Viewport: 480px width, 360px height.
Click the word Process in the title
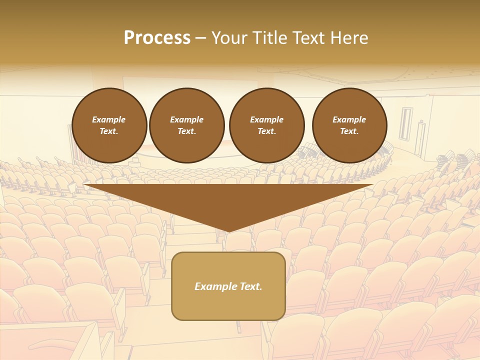[157, 38]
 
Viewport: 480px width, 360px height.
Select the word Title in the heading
[269, 38]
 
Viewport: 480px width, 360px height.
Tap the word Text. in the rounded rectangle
[251, 286]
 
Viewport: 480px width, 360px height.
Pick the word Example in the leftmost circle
[109, 119]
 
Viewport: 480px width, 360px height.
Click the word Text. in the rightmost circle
[349, 131]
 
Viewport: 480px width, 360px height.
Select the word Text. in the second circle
[186, 131]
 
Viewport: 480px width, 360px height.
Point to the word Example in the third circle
[266, 119]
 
